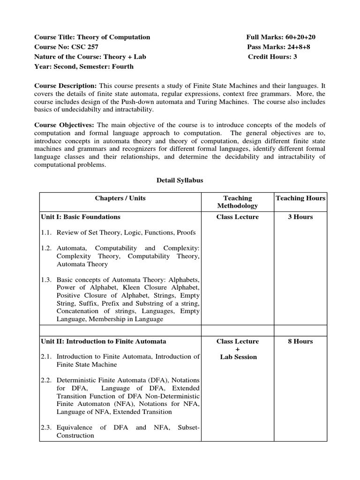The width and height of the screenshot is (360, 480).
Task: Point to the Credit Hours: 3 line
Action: (272, 57)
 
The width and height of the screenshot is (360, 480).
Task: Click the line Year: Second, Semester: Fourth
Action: (84, 67)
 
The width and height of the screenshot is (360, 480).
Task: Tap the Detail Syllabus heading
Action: (180, 180)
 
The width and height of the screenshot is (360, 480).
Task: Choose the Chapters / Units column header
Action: (120, 198)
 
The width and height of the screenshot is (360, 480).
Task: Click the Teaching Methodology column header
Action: (237, 202)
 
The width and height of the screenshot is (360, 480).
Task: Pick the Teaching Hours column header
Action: (300, 198)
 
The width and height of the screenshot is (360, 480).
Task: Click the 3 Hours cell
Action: (300, 217)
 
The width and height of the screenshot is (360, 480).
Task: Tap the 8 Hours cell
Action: (300, 341)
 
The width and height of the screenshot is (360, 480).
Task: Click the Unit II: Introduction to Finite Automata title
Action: (100, 341)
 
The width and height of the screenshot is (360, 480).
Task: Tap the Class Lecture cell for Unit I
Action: (237, 217)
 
